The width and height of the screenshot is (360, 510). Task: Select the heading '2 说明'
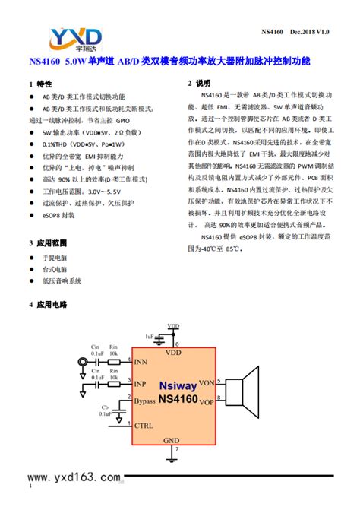click(199, 83)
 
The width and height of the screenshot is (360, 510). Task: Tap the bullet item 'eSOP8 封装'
click(60, 215)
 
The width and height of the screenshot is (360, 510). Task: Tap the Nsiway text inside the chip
click(178, 385)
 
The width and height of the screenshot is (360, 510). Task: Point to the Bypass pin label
click(149, 400)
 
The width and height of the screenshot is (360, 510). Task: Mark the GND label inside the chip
click(172, 441)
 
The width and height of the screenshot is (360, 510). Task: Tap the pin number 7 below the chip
click(176, 451)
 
